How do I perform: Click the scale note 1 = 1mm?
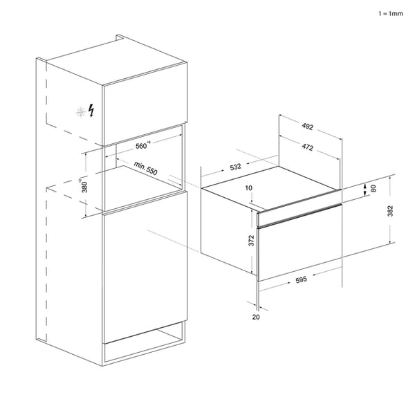coord(390,13)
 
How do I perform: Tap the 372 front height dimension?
coord(250,240)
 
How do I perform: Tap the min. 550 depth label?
coord(147,169)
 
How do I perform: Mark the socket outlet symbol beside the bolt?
coord(82,111)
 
